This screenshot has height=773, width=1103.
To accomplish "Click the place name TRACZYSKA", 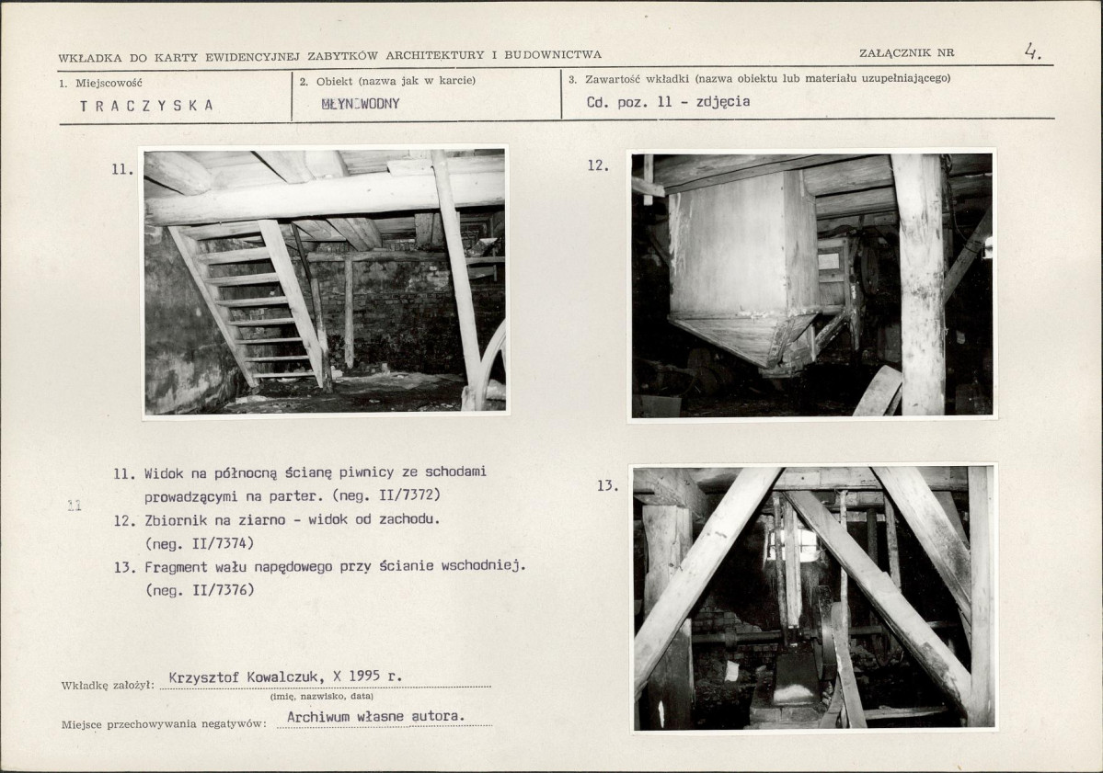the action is pyautogui.click(x=146, y=106).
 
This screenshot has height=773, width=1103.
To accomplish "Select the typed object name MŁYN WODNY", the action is pyautogui.click(x=361, y=104).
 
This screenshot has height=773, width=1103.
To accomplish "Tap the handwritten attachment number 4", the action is pyautogui.click(x=1032, y=51).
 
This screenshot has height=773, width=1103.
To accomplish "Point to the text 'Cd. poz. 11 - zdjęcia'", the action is pyautogui.click(x=668, y=101).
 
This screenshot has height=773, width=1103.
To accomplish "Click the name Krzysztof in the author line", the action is pyautogui.click(x=204, y=677).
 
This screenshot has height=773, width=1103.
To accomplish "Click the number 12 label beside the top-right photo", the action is pyautogui.click(x=597, y=165).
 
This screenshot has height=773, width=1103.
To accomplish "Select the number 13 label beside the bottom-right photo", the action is pyautogui.click(x=607, y=485).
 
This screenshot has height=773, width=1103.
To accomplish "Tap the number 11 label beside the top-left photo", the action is pyautogui.click(x=121, y=169).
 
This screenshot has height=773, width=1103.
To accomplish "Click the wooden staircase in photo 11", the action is pyautogui.click(x=252, y=303).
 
